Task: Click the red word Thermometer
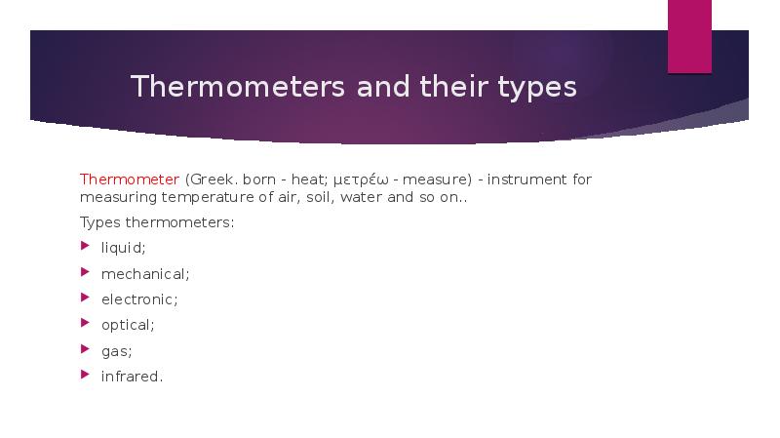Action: tap(129, 179)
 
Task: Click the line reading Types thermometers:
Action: tap(157, 222)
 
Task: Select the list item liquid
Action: tap(124, 248)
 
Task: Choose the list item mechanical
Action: tap(145, 273)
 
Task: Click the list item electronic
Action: tap(139, 299)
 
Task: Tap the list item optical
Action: tap(128, 324)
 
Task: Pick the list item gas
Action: tap(116, 351)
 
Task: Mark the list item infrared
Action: tap(132, 376)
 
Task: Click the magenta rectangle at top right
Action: tap(689, 36)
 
